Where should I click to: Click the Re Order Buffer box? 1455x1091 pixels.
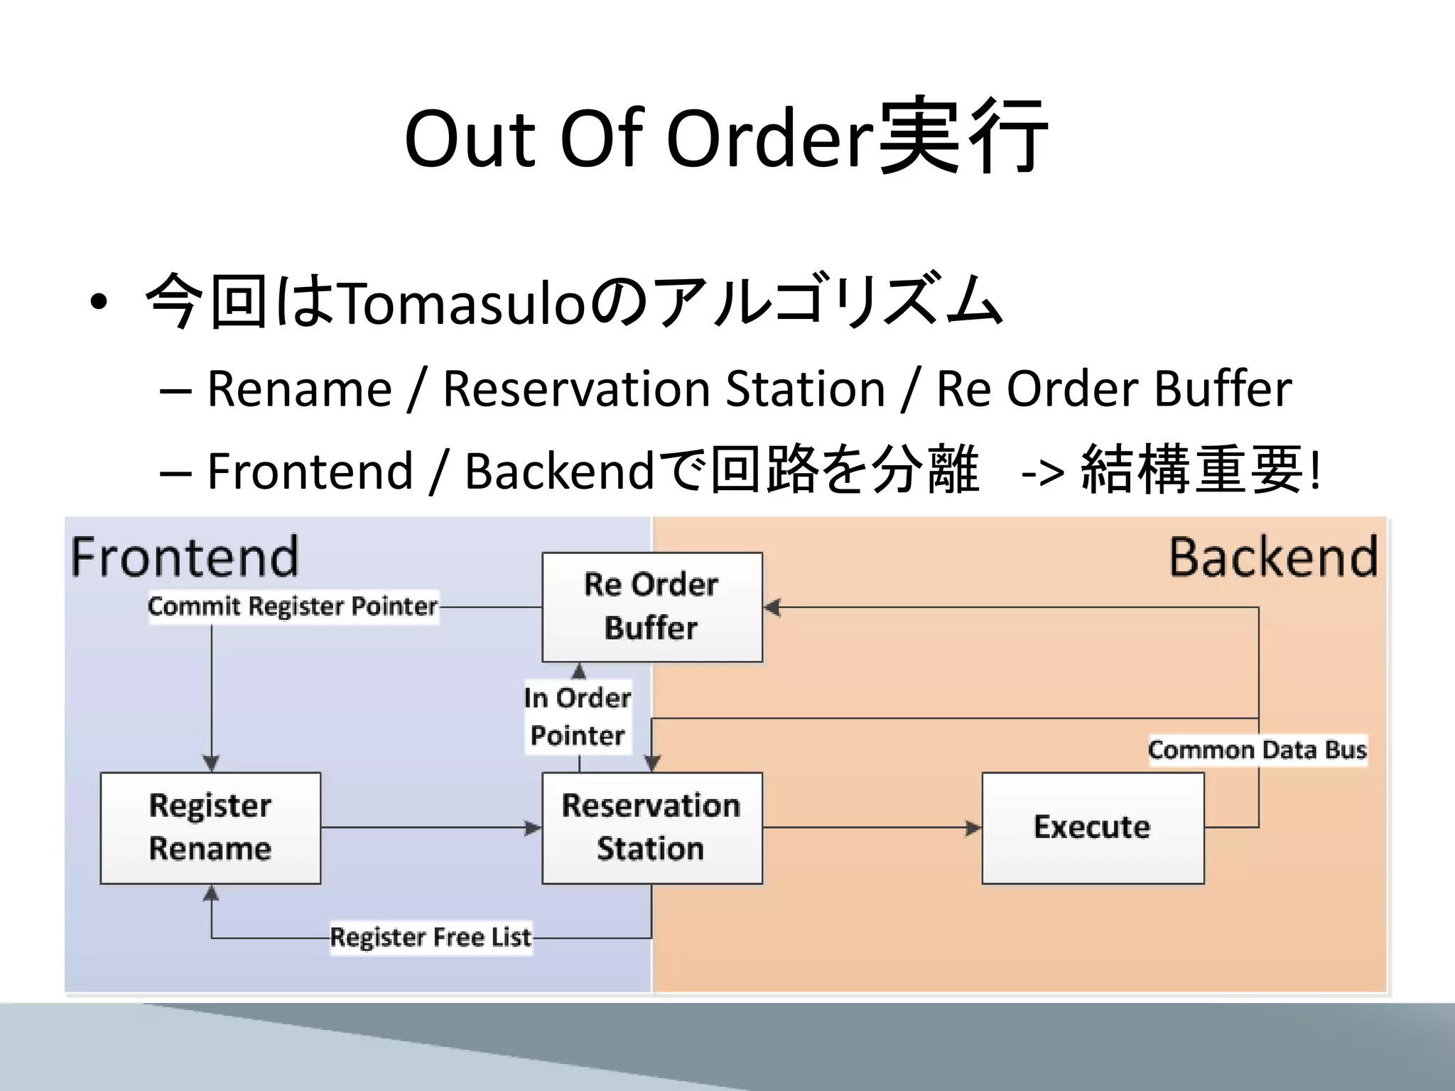651,607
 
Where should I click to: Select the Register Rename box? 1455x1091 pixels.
210,827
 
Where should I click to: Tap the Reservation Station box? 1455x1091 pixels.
651,827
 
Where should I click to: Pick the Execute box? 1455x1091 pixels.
1092,827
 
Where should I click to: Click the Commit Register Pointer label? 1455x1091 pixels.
293,607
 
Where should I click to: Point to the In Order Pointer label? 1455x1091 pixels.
578,716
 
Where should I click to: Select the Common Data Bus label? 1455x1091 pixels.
1257,750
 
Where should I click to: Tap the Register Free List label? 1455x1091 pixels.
431,937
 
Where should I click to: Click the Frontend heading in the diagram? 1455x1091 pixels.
185,558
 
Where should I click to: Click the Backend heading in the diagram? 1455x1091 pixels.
1273,558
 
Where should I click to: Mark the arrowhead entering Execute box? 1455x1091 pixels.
973,827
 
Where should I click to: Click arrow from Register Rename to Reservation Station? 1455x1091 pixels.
426,827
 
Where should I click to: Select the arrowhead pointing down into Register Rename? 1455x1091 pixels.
211,763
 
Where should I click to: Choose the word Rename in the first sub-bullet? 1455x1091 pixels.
299,389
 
